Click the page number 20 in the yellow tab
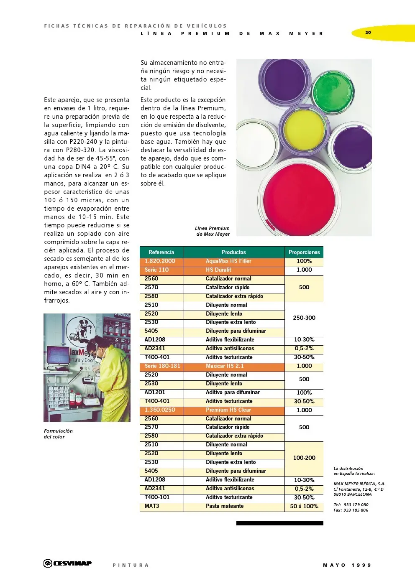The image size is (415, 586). [x=368, y=32]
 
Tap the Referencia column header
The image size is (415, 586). [x=161, y=252]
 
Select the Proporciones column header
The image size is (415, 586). [x=304, y=252]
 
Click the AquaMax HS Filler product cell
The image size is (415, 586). [x=228, y=261]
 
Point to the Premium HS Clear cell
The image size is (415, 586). [x=228, y=410]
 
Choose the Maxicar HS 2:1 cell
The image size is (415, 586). [x=225, y=366]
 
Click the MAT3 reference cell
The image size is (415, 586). [x=152, y=506]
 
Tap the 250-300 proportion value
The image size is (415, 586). [x=304, y=318]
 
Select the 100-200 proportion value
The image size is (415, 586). [x=304, y=458]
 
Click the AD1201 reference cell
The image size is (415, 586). [x=155, y=392]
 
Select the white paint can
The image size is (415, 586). [x=256, y=142]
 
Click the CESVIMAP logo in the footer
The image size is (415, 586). [x=68, y=563]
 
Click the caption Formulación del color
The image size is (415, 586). [x=58, y=434]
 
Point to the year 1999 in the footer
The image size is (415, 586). [x=361, y=565]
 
